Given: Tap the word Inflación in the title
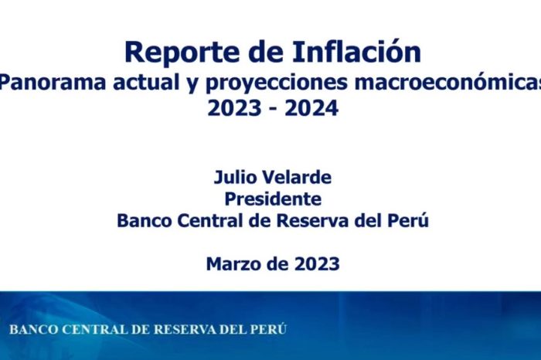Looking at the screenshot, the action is pyautogui.click(x=357, y=52).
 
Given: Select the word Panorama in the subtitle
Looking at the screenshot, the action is pyautogui.click(x=53, y=83).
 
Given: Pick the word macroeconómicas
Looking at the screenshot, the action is pyautogui.click(x=447, y=83).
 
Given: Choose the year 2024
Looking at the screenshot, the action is pyautogui.click(x=311, y=108).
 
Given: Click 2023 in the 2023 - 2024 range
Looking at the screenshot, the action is pyautogui.click(x=234, y=108).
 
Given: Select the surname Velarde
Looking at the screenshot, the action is pyautogui.click(x=297, y=177).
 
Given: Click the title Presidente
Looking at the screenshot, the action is pyautogui.click(x=273, y=199).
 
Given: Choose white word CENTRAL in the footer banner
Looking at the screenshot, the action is pyautogui.click(x=95, y=330).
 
